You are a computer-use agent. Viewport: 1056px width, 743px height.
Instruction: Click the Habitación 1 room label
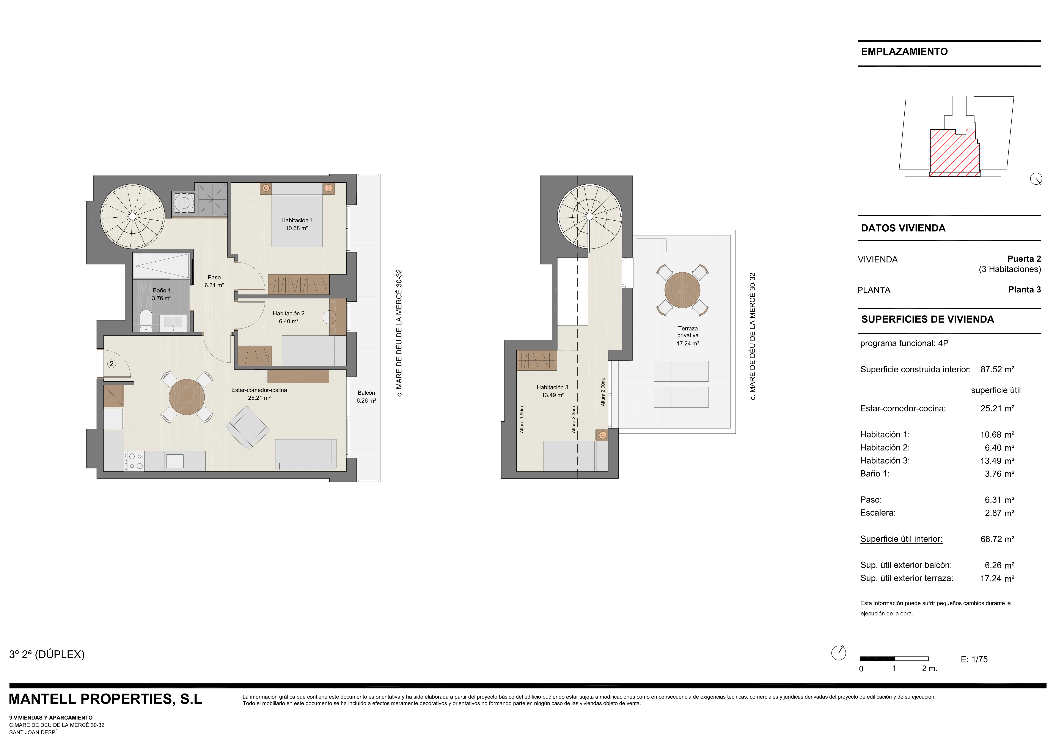click(297, 224)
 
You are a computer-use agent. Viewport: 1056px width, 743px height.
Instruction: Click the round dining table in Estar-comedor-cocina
click(187, 397)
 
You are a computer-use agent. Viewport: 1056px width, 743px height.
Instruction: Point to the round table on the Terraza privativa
click(682, 290)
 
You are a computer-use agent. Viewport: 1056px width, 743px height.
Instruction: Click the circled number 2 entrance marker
click(111, 364)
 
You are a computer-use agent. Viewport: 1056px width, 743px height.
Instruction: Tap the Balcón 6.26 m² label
click(366, 396)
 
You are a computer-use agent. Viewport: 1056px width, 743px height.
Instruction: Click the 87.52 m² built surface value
click(997, 369)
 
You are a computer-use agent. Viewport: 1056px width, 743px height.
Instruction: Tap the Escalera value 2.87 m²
click(999, 513)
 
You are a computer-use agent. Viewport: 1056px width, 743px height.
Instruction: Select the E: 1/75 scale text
click(974, 659)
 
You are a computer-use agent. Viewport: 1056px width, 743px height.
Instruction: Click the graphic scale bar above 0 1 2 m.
click(894, 658)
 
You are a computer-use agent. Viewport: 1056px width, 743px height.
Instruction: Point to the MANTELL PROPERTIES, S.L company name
click(105, 699)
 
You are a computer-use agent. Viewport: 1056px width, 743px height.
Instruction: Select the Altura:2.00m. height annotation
click(603, 392)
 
